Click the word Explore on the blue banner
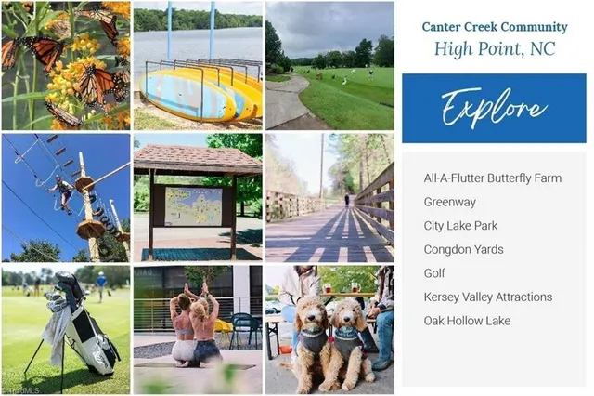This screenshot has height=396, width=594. click(494, 107)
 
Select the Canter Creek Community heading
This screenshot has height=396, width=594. click(495, 27)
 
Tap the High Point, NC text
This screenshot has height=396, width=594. click(495, 49)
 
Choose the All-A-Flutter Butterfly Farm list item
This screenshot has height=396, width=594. click(493, 178)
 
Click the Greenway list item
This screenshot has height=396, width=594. click(449, 202)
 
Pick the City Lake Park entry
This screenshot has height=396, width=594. click(460, 226)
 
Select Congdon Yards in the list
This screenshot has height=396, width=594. click(464, 249)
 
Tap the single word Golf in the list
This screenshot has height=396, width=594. click(434, 273)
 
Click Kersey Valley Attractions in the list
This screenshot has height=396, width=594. click(488, 297)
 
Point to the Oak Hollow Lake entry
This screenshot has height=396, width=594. click(467, 321)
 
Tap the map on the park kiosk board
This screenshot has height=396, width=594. click(193, 206)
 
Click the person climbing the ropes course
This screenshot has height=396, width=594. click(62, 193)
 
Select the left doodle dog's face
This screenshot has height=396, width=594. click(312, 312)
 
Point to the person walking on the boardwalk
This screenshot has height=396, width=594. click(346, 200)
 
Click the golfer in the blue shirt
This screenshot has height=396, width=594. click(101, 285)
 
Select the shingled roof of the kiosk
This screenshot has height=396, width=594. click(197, 159)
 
